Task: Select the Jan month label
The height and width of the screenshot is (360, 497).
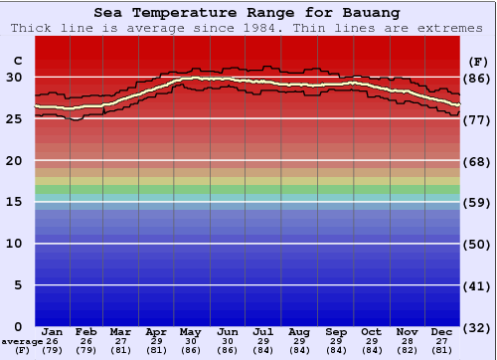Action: point(53,331)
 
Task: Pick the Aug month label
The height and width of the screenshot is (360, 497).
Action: point(299,331)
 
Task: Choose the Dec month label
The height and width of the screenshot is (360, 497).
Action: point(442,331)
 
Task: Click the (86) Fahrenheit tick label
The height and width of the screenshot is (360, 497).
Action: point(479,78)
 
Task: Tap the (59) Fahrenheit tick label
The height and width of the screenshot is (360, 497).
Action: point(479,202)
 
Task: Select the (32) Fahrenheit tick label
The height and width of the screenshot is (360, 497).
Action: point(479,326)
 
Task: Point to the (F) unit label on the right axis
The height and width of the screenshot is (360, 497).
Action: point(478,62)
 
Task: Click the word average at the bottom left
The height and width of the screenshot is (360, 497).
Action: point(22,341)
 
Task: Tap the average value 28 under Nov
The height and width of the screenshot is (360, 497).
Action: point(406,341)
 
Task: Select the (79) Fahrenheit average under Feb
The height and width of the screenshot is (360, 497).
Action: point(86,350)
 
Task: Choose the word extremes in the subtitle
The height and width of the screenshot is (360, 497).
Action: point(451,28)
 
